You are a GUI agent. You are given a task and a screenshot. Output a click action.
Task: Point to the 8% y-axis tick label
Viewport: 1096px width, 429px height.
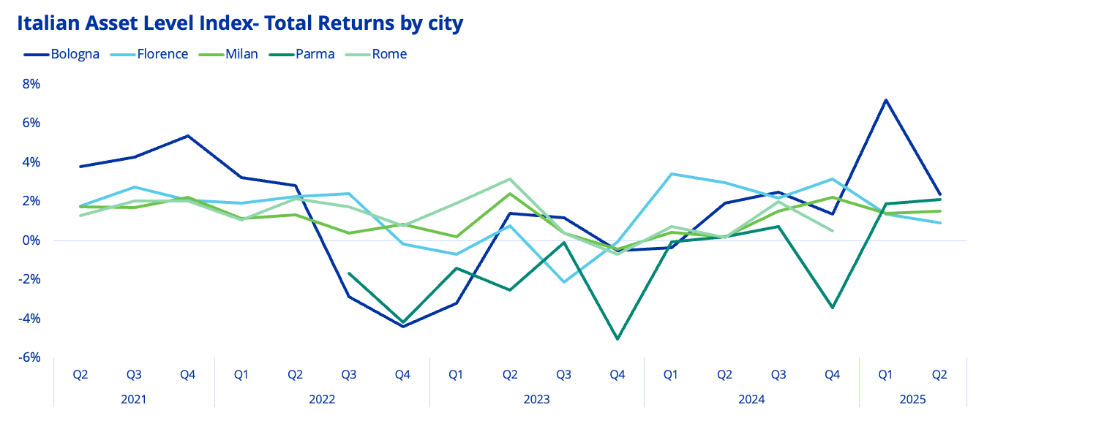click(x=30, y=84)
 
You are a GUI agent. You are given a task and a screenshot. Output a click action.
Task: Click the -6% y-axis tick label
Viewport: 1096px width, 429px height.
click(x=29, y=357)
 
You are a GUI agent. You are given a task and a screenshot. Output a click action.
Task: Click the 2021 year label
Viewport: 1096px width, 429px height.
click(x=134, y=400)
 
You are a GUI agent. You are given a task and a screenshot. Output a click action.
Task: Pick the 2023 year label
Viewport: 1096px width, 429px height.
click(x=536, y=400)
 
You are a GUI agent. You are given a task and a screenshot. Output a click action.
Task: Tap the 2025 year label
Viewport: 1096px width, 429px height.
click(x=912, y=400)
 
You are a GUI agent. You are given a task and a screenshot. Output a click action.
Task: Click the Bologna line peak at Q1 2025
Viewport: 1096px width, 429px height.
click(x=885, y=100)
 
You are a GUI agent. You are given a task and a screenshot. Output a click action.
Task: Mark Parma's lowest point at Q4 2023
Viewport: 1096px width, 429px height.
click(x=618, y=339)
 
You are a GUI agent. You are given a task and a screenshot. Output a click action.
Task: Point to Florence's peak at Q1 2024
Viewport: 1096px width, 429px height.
click(x=671, y=174)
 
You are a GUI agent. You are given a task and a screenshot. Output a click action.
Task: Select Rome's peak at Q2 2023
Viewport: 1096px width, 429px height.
click(x=510, y=179)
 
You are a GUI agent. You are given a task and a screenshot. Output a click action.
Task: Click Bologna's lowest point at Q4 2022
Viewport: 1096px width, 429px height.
click(x=402, y=326)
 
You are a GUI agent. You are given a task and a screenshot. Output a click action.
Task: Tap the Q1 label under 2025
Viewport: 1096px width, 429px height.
click(x=885, y=375)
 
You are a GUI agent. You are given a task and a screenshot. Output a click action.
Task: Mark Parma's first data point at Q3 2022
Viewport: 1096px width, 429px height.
click(x=349, y=273)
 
